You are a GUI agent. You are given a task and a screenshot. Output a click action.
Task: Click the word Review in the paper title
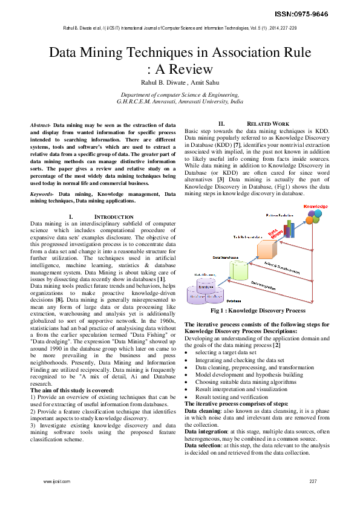click(188, 69)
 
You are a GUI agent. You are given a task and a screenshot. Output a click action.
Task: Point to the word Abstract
click(40, 124)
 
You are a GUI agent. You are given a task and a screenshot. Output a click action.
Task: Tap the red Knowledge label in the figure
click(315, 207)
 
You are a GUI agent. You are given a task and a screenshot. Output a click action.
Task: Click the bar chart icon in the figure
click(289, 229)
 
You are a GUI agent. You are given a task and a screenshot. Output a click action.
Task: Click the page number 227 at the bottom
click(313, 481)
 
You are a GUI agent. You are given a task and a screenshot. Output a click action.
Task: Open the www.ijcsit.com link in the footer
click(56, 481)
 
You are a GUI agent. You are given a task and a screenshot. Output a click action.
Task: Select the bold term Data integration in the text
click(206, 432)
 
